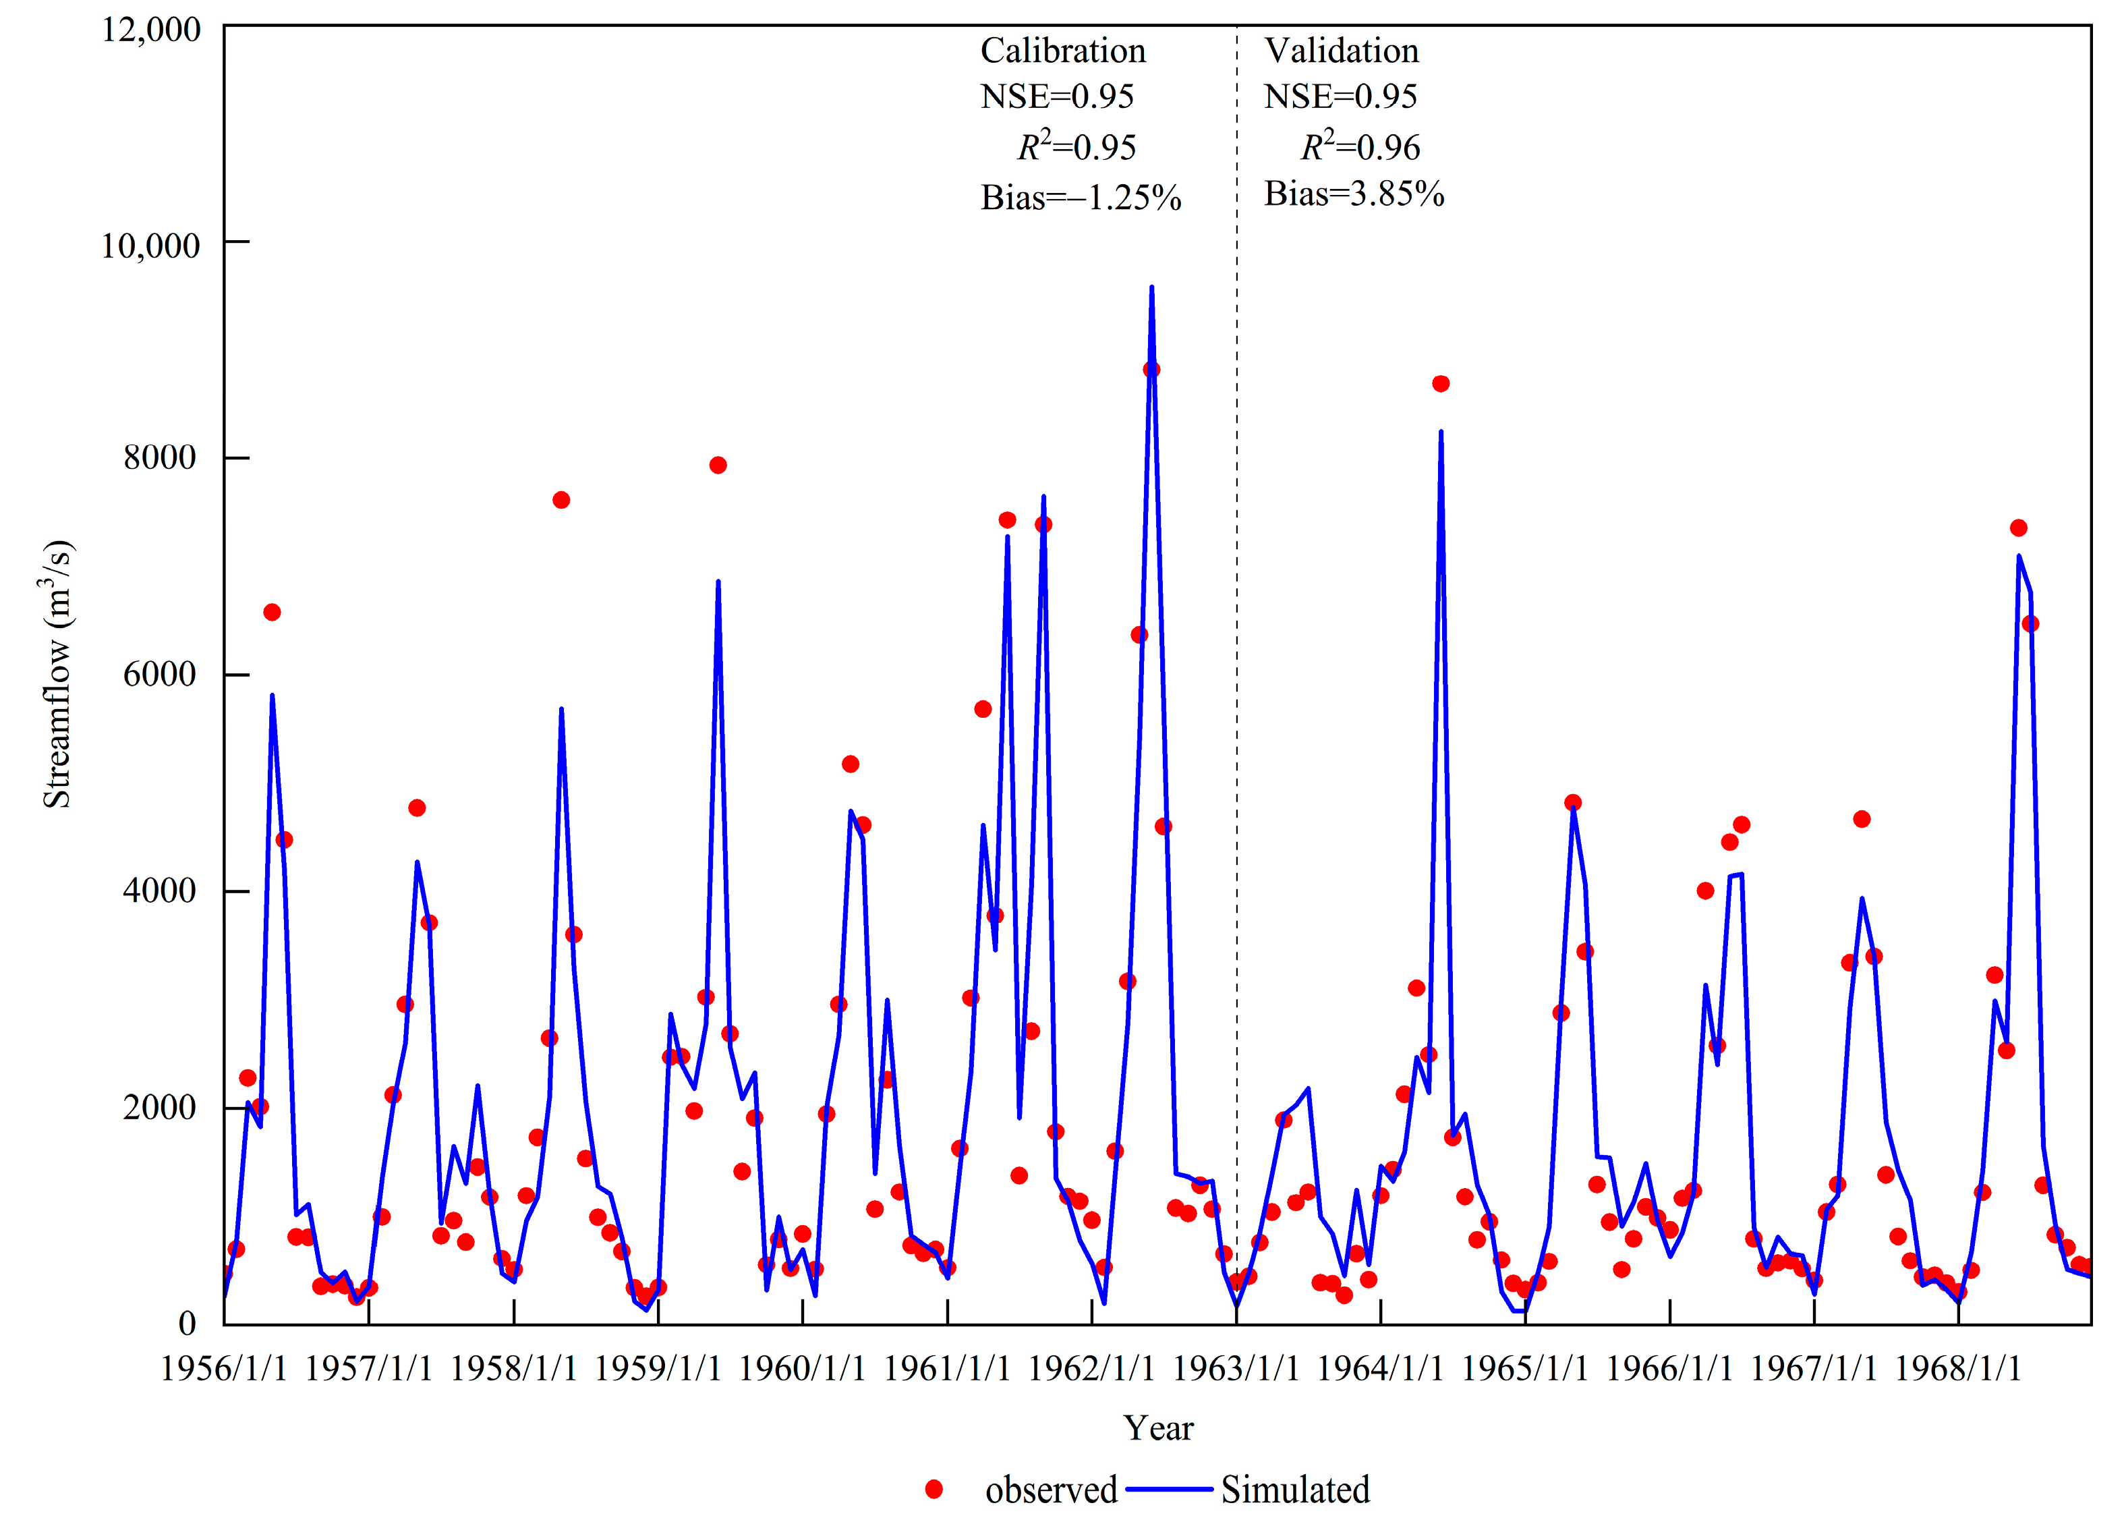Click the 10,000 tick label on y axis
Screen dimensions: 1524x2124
click(x=150, y=246)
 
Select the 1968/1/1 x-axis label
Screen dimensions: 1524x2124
click(x=1957, y=1369)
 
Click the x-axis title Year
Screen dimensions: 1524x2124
click(x=1159, y=1428)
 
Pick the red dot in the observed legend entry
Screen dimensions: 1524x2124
click(x=933, y=1490)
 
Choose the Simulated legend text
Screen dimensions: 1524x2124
click(x=1294, y=1490)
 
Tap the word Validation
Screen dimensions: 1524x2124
click(x=1341, y=51)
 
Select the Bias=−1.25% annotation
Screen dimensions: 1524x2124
click(x=1080, y=198)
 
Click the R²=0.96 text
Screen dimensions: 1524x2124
click(x=1360, y=147)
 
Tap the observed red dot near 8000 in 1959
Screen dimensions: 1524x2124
click(x=718, y=465)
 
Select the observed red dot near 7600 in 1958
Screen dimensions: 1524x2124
click(x=561, y=500)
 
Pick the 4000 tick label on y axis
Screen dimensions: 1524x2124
click(x=159, y=890)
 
